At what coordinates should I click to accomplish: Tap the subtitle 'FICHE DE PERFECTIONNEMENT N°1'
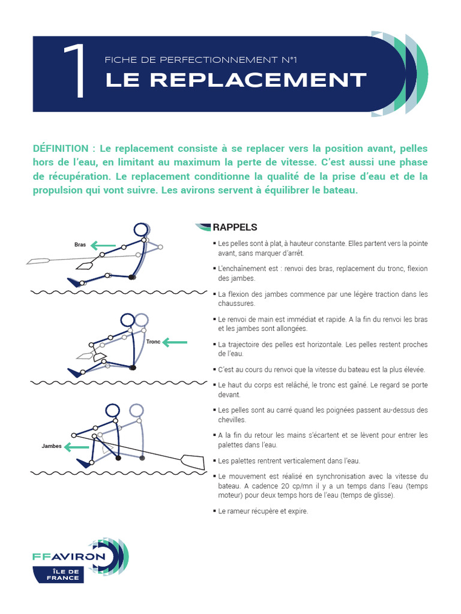point(201,60)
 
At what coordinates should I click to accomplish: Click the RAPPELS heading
point(235,227)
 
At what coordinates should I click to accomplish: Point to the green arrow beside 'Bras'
point(103,245)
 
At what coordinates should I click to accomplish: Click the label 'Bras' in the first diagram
point(80,245)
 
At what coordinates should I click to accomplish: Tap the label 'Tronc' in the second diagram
point(153,342)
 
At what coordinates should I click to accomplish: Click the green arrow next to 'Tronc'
point(175,342)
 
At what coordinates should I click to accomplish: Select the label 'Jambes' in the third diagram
point(52,447)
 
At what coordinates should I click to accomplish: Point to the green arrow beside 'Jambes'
point(77,447)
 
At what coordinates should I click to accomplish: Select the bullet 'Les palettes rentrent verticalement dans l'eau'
point(289,460)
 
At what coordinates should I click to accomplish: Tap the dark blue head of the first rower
point(141,230)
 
